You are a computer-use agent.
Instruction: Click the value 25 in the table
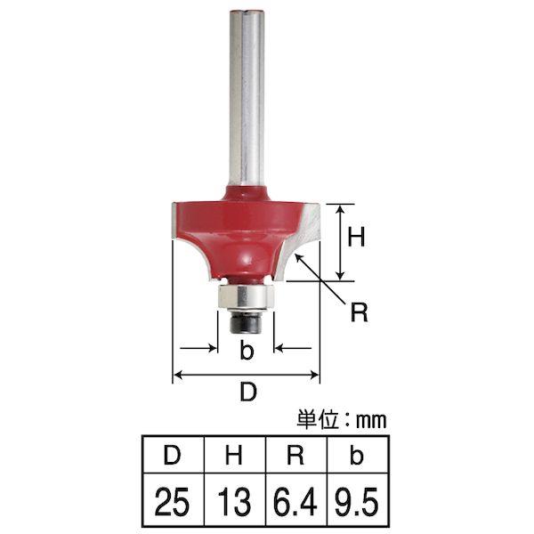pyautogui.click(x=172, y=502)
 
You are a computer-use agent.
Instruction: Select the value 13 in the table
pyautogui.click(x=234, y=502)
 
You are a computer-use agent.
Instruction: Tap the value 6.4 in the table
pyautogui.click(x=295, y=502)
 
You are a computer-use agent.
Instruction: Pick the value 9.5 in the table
pyautogui.click(x=357, y=502)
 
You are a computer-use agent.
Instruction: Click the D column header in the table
pyautogui.click(x=172, y=455)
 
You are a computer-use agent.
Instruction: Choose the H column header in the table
pyautogui.click(x=233, y=455)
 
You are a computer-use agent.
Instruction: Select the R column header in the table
pyautogui.click(x=295, y=455)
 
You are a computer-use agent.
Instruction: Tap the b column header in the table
pyautogui.click(x=357, y=455)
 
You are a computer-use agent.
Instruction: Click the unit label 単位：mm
pyautogui.click(x=342, y=420)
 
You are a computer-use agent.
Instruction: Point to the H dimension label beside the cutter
pyautogui.click(x=356, y=237)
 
